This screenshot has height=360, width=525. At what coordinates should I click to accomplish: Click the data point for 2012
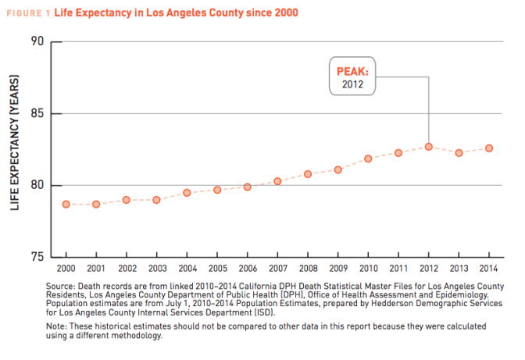pos(429,146)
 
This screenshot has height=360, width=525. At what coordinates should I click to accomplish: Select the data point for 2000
pos(66,205)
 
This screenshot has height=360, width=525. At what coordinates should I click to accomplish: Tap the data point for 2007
pos(277,181)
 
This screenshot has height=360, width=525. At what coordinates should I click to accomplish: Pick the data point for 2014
pos(489,148)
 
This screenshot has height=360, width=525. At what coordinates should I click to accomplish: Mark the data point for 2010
pos(368,159)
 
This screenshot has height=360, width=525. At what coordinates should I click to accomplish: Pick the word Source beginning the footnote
pos(62,287)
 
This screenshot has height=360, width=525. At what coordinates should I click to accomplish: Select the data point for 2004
pos(187,192)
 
